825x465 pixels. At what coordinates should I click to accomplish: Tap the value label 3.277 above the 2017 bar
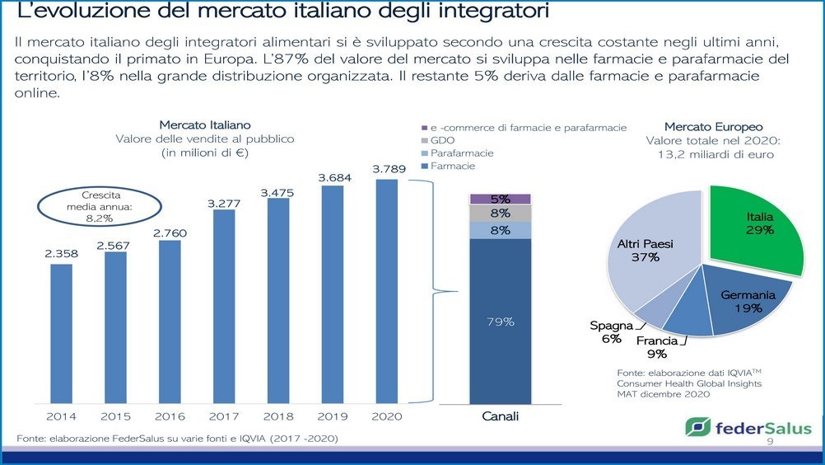(x=223, y=203)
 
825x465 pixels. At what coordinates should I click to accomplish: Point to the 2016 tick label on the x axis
(x=170, y=416)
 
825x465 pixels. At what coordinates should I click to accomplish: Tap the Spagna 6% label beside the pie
(x=611, y=332)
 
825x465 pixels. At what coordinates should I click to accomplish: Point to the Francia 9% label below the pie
(x=657, y=347)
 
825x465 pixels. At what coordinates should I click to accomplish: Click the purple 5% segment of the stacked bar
(x=500, y=199)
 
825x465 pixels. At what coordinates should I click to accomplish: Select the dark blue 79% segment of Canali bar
(x=500, y=322)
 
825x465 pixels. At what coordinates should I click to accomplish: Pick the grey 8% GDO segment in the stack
(x=500, y=214)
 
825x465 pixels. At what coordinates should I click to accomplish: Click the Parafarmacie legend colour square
(x=424, y=153)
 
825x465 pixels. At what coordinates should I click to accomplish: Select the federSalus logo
(x=748, y=428)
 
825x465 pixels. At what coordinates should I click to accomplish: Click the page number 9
(x=771, y=443)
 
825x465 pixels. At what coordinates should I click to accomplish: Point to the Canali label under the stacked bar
(x=500, y=416)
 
